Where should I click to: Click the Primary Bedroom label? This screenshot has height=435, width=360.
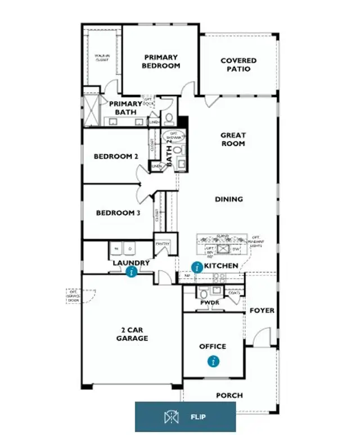click(x=161, y=61)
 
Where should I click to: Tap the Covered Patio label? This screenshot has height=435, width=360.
click(x=238, y=65)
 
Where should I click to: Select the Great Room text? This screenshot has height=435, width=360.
click(x=232, y=139)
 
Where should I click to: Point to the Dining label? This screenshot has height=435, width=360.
click(x=229, y=199)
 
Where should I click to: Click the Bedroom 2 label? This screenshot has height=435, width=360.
click(x=116, y=156)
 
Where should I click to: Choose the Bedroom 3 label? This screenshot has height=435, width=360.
click(x=118, y=213)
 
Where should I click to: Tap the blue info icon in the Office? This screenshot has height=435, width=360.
click(x=213, y=361)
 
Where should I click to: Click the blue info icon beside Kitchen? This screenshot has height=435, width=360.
click(x=197, y=268)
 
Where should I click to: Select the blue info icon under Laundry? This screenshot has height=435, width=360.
click(x=132, y=272)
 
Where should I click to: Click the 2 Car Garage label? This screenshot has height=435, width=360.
click(x=132, y=334)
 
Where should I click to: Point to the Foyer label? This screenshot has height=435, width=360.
click(x=262, y=310)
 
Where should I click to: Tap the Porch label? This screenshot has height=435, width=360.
click(x=229, y=396)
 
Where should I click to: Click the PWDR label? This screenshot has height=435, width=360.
click(x=209, y=302)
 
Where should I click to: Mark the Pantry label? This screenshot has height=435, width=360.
click(x=162, y=243)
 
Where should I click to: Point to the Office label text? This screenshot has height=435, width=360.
click(x=213, y=347)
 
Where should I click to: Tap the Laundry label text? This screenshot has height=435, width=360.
click(x=131, y=262)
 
